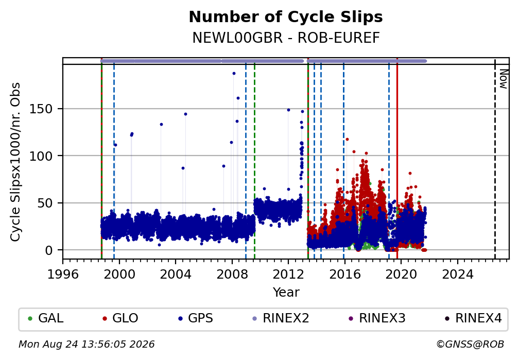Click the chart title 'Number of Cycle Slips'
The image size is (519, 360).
[286, 17]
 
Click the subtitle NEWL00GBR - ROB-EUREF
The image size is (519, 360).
[286, 38]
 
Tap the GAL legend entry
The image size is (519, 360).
[46, 318]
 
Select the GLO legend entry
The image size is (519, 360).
[120, 318]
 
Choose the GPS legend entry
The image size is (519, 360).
[195, 318]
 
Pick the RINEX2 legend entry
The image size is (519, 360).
[281, 318]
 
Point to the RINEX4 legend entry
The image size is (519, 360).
[473, 318]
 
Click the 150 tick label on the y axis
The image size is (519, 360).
[41, 109]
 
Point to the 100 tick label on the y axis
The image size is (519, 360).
[41, 156]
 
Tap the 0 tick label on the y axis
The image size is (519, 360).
[49, 250]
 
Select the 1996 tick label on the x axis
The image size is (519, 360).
[63, 274]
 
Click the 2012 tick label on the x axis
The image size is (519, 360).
[288, 274]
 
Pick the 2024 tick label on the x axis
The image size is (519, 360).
[457, 274]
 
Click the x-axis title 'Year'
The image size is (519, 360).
[286, 292]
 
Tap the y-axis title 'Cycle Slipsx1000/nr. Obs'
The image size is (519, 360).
[15, 162]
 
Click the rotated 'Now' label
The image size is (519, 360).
[503, 79]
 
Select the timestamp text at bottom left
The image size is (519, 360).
[86, 345]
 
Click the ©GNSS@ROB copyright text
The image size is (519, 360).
[470, 345]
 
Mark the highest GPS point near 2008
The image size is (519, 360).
[234, 74]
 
